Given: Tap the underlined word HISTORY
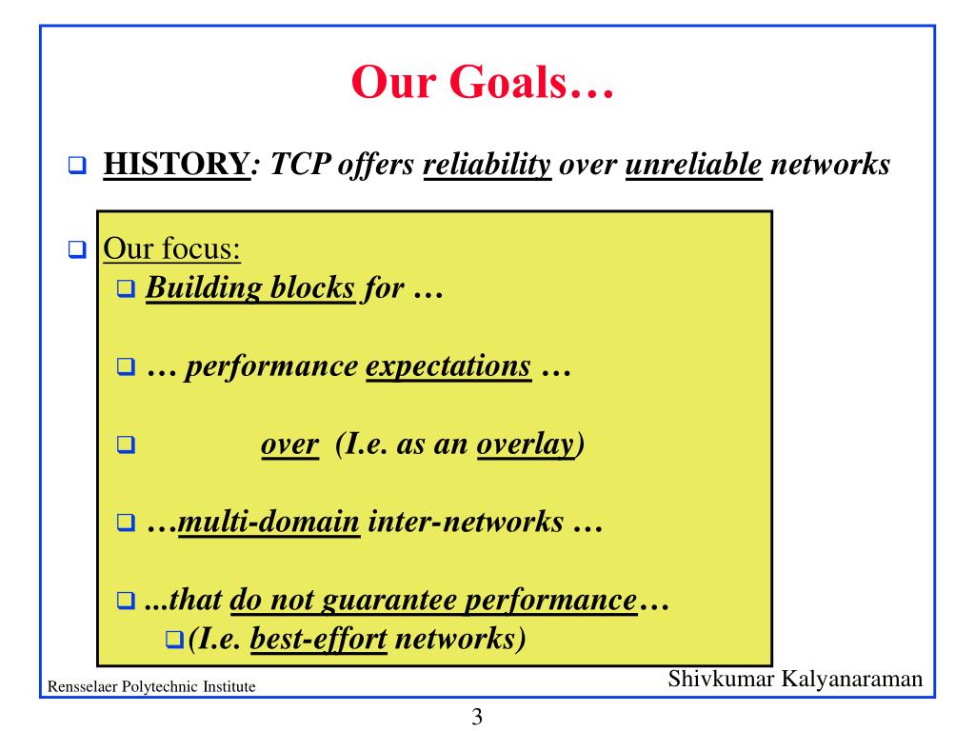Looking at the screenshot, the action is coord(176,164).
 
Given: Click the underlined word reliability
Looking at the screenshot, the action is coord(487,166).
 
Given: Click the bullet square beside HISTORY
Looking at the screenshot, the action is coord(77,166).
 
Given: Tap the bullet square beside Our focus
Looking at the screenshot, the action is coord(77,249).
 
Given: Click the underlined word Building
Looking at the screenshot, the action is coord(204,289).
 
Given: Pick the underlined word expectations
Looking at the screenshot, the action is coord(448,366).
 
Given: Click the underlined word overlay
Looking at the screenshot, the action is coord(527,445).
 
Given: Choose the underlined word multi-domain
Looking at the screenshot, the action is coord(269,523).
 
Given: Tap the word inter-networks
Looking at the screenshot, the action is coord(466,523).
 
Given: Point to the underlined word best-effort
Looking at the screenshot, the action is coord(318,639).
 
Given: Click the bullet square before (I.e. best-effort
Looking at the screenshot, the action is coord(174,639).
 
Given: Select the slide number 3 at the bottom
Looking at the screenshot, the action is coord(477,717).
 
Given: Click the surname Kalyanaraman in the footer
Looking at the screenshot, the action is coord(851,678).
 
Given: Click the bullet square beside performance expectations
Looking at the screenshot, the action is coord(127,366).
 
